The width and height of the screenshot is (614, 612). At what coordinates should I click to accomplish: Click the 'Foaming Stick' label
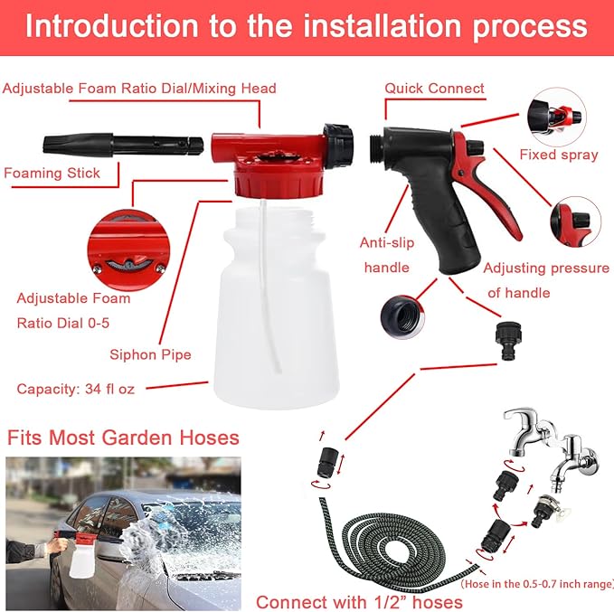[52, 173]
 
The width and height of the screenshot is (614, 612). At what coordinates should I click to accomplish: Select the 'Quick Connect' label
[434, 89]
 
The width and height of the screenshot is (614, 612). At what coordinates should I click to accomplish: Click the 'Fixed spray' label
[558, 155]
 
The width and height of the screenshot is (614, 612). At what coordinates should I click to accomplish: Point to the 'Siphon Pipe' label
[150, 354]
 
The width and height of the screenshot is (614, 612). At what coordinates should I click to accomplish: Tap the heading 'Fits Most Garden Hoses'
[123, 438]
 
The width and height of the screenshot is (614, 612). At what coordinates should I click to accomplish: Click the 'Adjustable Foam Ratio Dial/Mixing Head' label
[139, 89]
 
